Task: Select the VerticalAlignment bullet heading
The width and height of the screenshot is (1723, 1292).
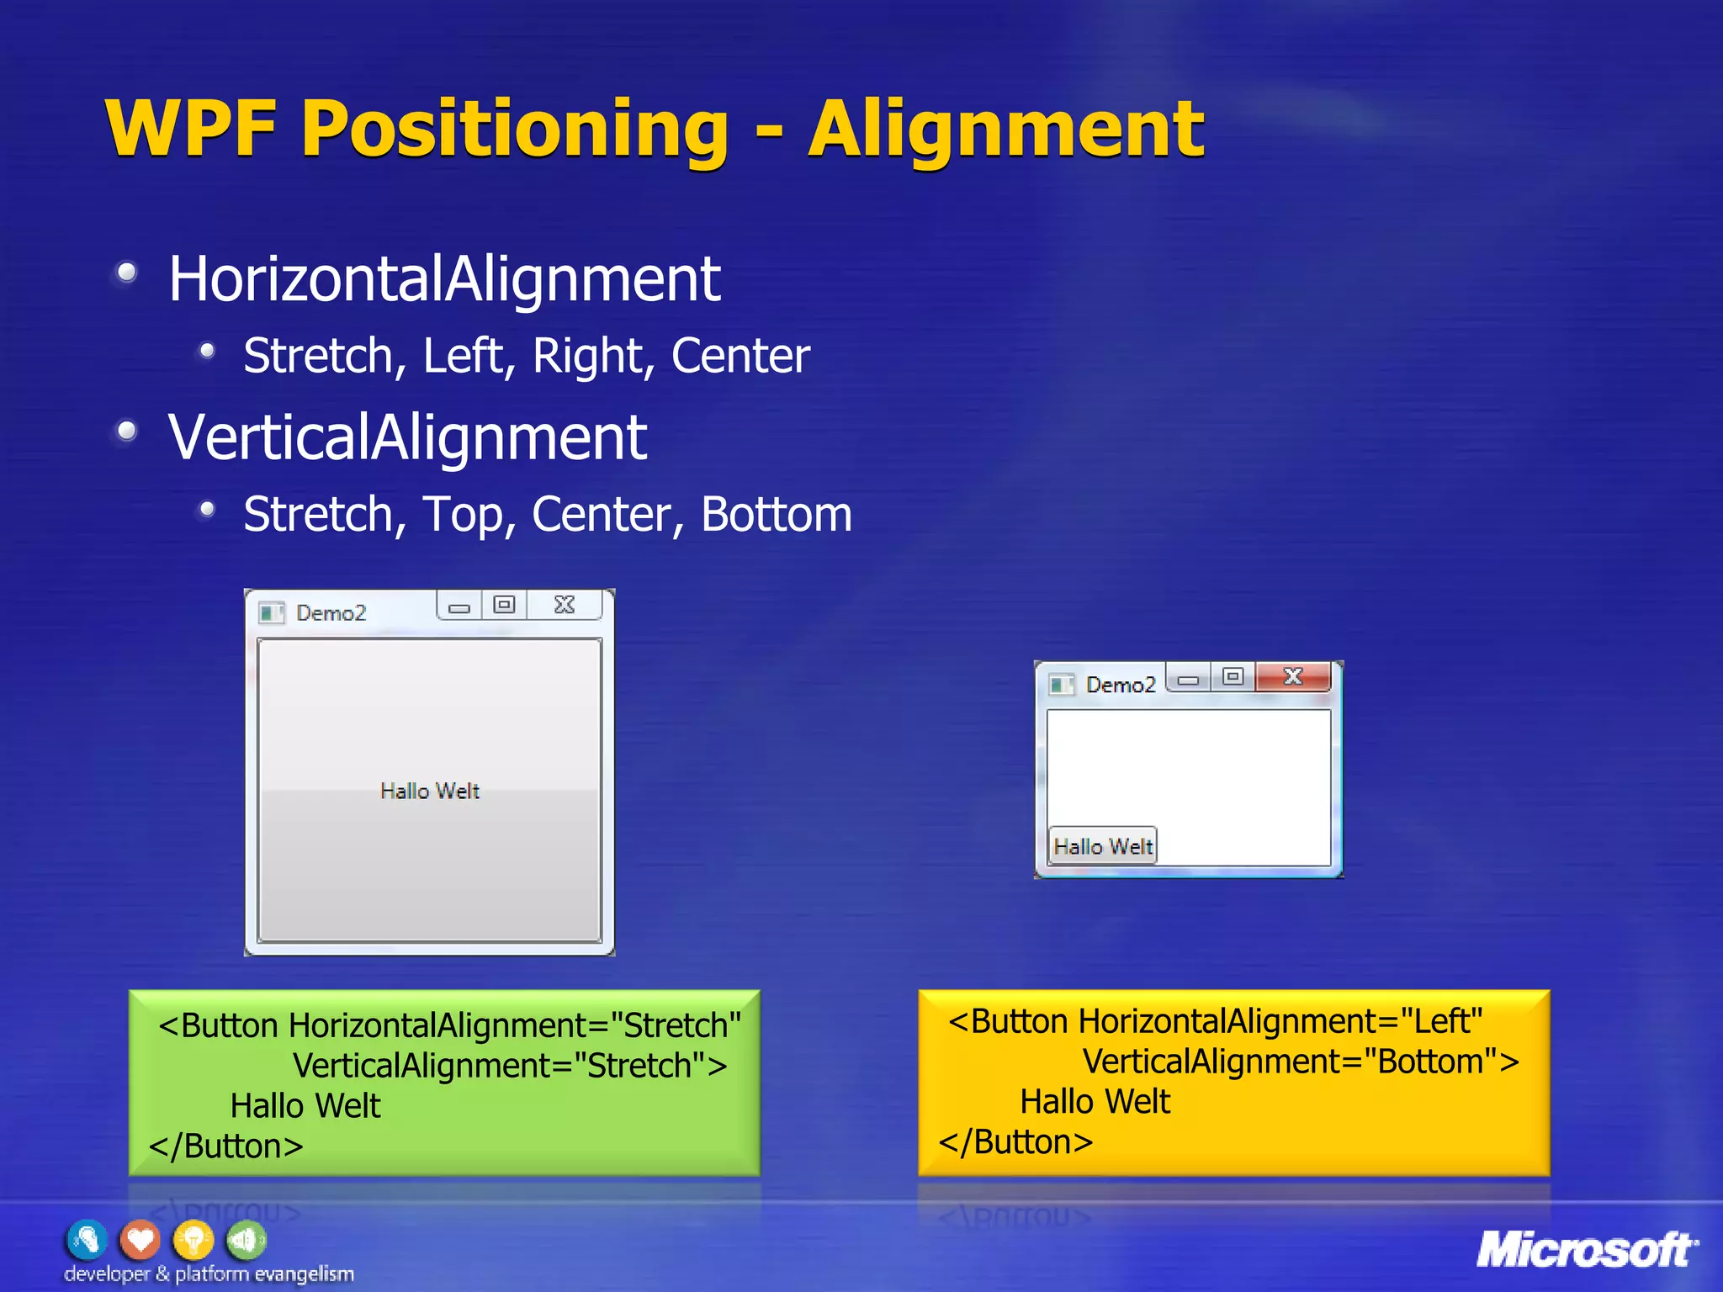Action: coord(407,437)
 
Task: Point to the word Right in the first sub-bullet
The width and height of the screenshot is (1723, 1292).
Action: coord(592,356)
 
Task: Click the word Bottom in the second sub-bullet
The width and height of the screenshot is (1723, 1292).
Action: coord(776,514)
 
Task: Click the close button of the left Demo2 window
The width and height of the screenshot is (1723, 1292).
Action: coord(565,605)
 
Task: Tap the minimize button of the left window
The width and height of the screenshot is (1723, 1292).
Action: coord(459,606)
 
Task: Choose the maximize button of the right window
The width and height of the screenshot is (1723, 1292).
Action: coord(1233,677)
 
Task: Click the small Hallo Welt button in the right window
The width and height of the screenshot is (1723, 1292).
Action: coord(1103,846)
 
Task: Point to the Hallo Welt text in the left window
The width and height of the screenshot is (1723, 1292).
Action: coord(430,791)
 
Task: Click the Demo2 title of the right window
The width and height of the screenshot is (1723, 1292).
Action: coord(1121,685)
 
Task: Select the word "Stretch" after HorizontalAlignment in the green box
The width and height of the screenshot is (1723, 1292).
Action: coord(676,1025)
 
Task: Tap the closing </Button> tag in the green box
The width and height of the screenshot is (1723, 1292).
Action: coord(226,1146)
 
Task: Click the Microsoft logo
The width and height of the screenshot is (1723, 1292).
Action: coord(1586,1249)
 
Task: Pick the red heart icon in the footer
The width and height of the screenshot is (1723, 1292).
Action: coord(140,1240)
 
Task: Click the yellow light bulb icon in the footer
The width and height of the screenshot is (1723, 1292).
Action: coord(193,1240)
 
